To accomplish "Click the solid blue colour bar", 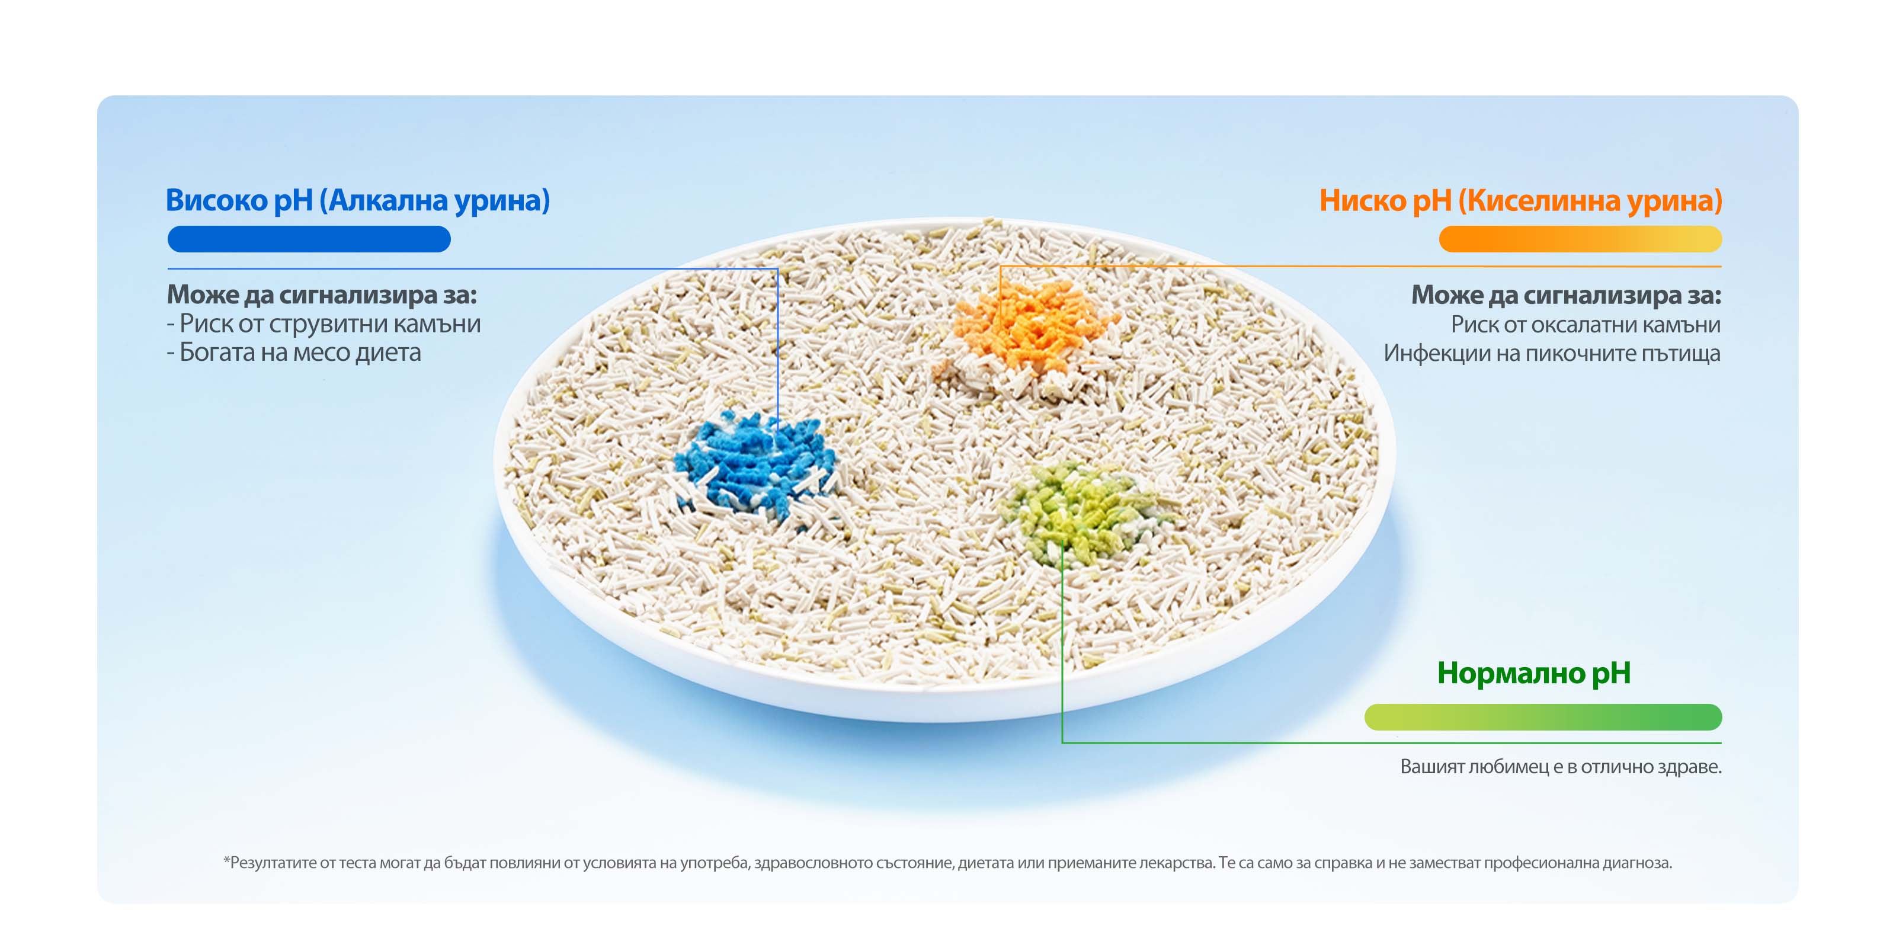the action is tap(309, 239).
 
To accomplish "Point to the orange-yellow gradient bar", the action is tap(1580, 239).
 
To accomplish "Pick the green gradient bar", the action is tap(1543, 717).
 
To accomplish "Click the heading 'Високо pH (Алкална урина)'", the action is tap(358, 200).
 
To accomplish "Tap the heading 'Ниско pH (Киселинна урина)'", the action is tap(1520, 200).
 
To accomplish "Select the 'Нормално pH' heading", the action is tap(1534, 672).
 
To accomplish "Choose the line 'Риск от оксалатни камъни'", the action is tap(1586, 324).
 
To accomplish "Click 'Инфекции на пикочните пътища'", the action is tap(1552, 353).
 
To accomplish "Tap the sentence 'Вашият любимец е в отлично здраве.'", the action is tap(1561, 766).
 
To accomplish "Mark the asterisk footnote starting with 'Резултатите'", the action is tap(948, 863).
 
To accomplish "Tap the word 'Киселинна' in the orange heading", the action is tap(1544, 200).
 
